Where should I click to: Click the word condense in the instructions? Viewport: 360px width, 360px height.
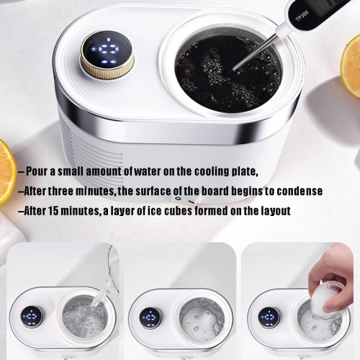[297, 192]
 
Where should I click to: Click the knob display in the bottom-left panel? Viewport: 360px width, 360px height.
[31, 317]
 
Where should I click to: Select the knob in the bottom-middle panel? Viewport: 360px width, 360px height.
[150, 318]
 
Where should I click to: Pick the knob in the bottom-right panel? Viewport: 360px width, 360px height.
[269, 318]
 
